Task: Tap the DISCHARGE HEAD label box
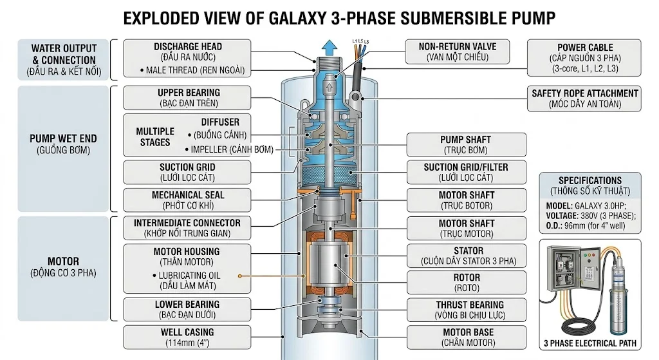point(187,59)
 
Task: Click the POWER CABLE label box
point(584,58)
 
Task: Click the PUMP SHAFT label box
point(466,145)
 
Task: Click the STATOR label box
point(466,256)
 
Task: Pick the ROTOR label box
point(466,283)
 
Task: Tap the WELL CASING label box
point(187,337)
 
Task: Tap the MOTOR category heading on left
point(63,261)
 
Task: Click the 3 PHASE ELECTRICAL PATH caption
point(590,343)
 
